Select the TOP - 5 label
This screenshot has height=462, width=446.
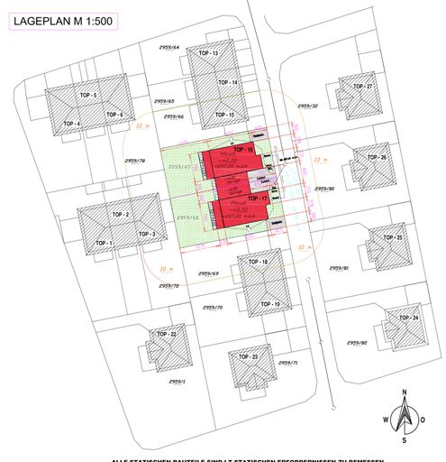(87, 95)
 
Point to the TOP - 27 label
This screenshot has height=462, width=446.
(363, 86)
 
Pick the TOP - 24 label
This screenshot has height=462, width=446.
(408, 319)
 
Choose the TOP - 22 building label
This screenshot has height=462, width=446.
(167, 335)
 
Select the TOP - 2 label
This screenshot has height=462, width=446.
(121, 214)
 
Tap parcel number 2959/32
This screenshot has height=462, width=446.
(307, 106)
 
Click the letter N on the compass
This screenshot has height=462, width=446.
(405, 393)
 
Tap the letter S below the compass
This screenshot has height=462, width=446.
(405, 441)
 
